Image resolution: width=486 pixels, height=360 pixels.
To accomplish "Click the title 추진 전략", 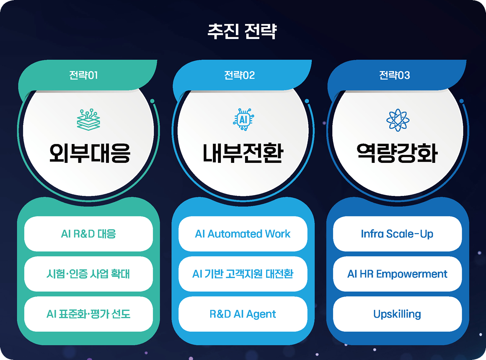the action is pyautogui.click(x=242, y=31).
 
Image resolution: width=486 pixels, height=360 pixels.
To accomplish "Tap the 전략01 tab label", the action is pyautogui.click(x=83, y=75).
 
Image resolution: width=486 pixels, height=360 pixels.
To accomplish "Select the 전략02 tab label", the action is pyautogui.click(x=239, y=75).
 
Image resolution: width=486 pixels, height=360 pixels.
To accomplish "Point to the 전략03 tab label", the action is pyautogui.click(x=394, y=75).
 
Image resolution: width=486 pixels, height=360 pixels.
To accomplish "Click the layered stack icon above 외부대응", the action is pyautogui.click(x=89, y=120).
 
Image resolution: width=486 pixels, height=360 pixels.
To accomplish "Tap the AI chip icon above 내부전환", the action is pyautogui.click(x=243, y=120).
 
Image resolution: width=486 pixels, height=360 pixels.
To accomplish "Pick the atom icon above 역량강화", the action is pyautogui.click(x=398, y=120).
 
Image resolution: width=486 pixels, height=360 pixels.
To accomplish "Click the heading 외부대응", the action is pyautogui.click(x=90, y=153).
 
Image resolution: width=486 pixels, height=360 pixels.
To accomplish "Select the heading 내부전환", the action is pyautogui.click(x=243, y=153).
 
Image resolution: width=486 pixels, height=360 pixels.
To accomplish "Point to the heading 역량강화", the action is pyautogui.click(x=397, y=153).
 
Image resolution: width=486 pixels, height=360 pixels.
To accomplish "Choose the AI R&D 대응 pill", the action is pyautogui.click(x=89, y=234).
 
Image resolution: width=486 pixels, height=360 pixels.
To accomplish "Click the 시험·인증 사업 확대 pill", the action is pyautogui.click(x=89, y=274).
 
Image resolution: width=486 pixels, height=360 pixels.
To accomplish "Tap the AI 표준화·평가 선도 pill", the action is pyautogui.click(x=89, y=314).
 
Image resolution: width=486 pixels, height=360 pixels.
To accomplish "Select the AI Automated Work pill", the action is pyautogui.click(x=243, y=234).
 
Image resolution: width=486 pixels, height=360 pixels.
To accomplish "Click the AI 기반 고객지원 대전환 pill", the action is pyautogui.click(x=243, y=274).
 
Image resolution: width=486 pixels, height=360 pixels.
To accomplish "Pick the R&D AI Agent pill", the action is pyautogui.click(x=243, y=314).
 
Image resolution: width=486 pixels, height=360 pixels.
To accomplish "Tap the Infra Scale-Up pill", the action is pyautogui.click(x=397, y=234).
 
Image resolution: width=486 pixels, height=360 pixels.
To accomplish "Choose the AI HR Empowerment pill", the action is pyautogui.click(x=397, y=274).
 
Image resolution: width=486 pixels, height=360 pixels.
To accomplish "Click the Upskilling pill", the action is pyautogui.click(x=397, y=314).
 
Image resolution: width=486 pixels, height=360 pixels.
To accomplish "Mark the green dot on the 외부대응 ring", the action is pyautogui.click(x=152, y=101).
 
